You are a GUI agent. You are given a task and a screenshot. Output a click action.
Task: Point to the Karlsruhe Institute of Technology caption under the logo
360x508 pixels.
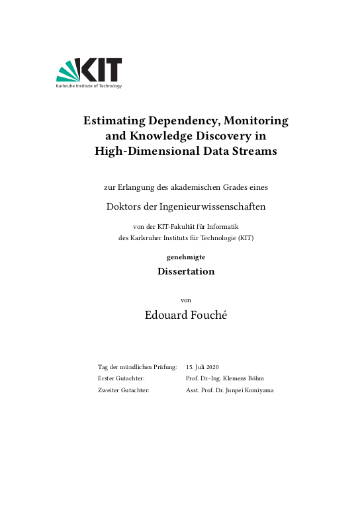pyautogui.click(x=89, y=86)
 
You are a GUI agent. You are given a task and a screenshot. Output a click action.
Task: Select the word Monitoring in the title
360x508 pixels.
pyautogui.click(x=257, y=121)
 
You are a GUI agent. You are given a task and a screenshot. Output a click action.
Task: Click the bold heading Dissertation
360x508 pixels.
pyautogui.click(x=186, y=271)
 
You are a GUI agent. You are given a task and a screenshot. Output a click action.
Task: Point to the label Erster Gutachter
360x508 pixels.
pyautogui.click(x=121, y=378)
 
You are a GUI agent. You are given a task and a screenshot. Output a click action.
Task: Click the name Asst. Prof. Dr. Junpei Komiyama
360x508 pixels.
pyautogui.click(x=230, y=390)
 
